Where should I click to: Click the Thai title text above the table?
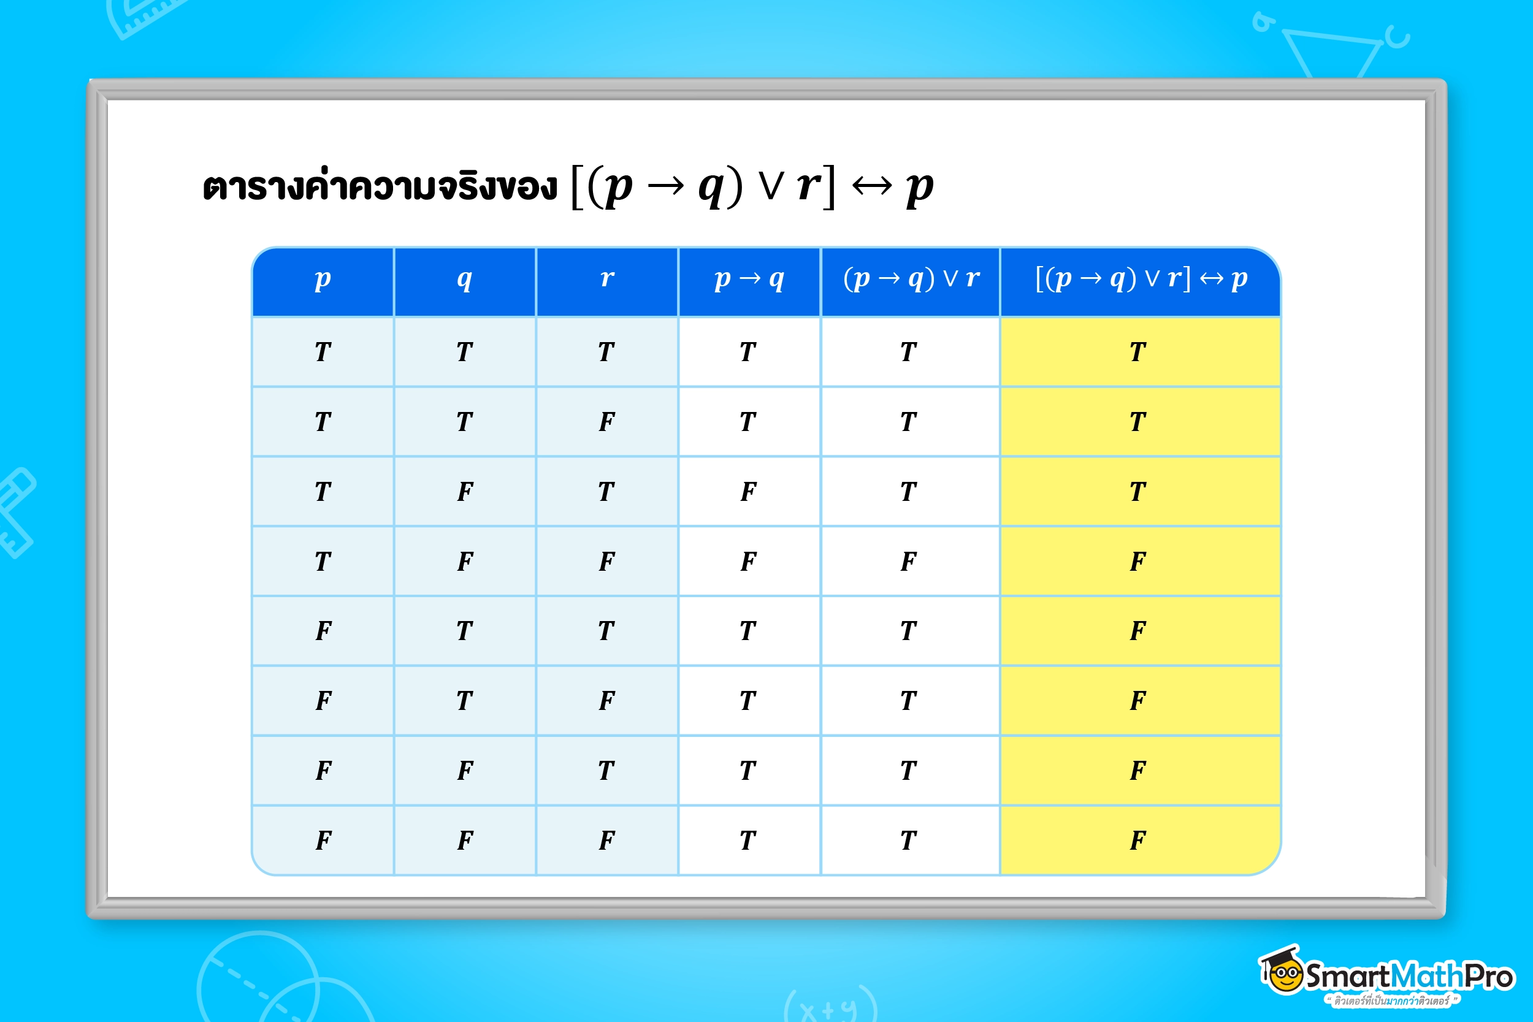pos(380,186)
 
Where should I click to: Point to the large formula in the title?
pos(752,186)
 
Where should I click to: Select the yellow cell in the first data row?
pos(1141,352)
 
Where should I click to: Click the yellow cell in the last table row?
pos(1141,840)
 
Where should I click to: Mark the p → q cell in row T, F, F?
pos(749,561)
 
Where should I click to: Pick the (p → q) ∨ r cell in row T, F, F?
pos(911,561)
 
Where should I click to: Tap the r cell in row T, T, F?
pos(607,422)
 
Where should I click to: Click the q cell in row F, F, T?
pos(465,771)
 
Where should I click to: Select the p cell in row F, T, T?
pos(323,631)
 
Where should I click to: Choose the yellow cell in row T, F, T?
pos(1141,492)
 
